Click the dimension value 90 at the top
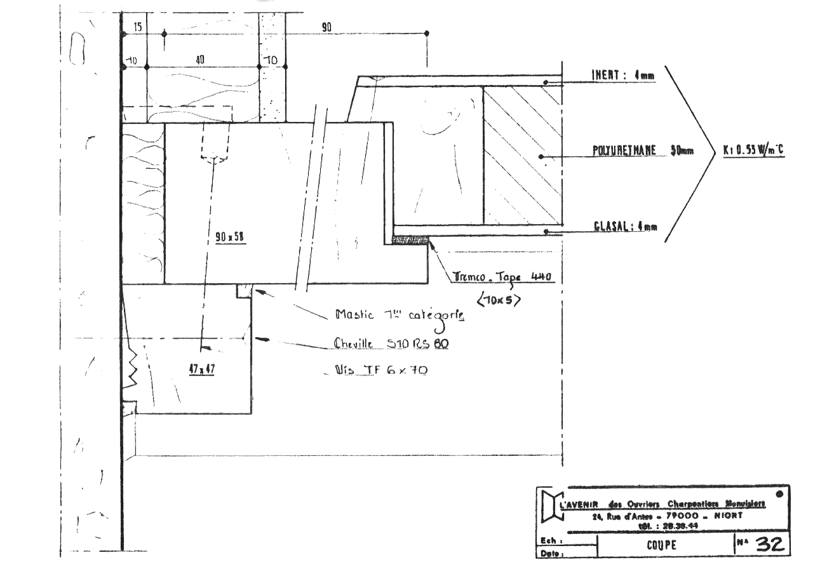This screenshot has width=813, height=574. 326,29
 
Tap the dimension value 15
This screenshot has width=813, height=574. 138,29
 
